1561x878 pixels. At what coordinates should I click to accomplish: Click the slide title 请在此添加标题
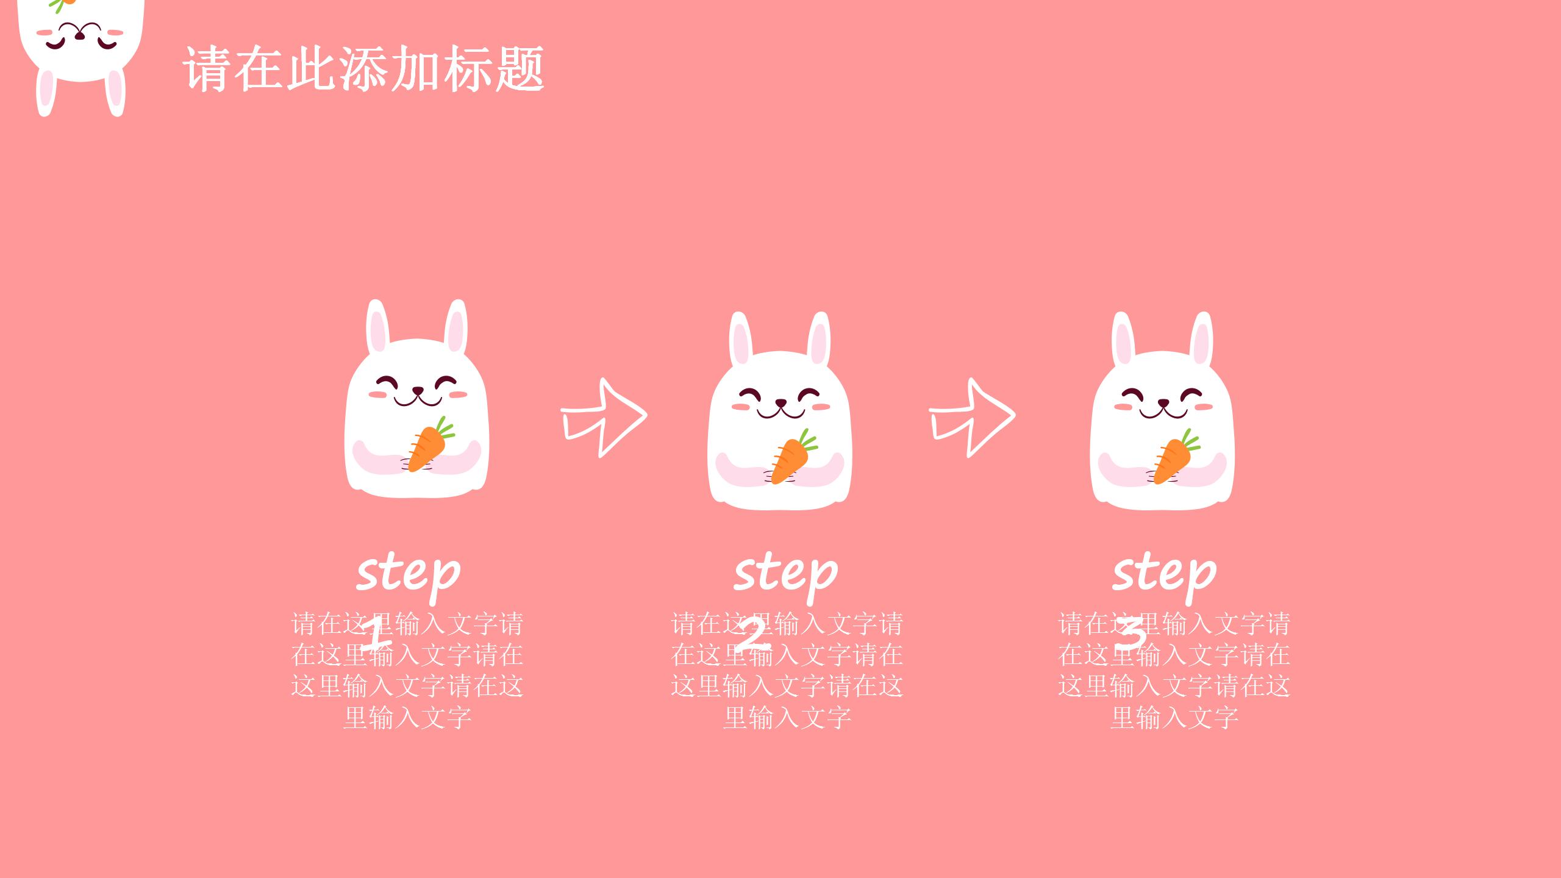[x=363, y=69]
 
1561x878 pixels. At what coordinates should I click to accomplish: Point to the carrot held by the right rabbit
[x=1172, y=459]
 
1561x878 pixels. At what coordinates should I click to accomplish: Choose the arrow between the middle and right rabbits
[x=971, y=418]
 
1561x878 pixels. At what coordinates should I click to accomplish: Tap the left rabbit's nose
[x=418, y=391]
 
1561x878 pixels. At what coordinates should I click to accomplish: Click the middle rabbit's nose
[x=780, y=403]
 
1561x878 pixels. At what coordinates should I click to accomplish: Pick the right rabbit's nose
[x=1163, y=403]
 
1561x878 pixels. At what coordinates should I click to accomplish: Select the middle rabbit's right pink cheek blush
[x=821, y=406]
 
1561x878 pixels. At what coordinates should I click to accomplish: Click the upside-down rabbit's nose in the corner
[x=80, y=36]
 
